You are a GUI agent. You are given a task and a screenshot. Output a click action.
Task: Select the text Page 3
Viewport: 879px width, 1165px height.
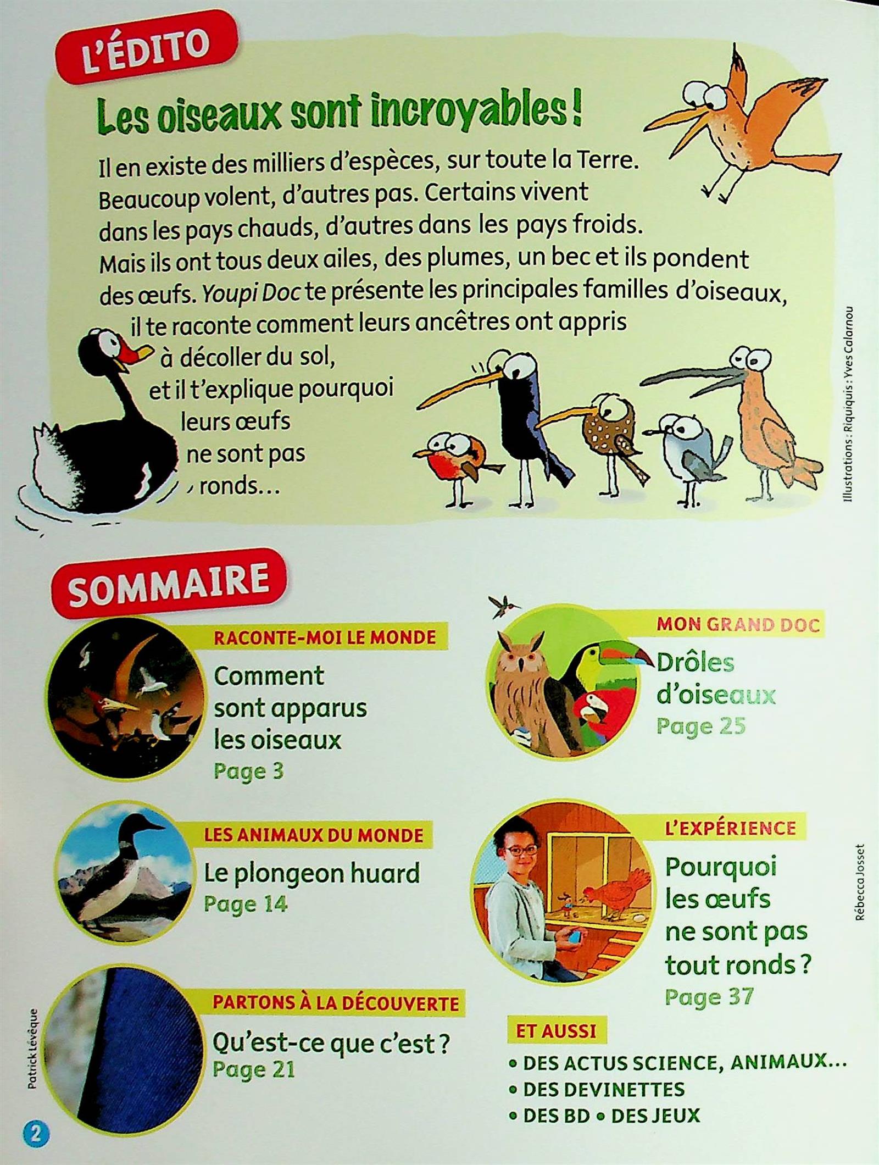(249, 771)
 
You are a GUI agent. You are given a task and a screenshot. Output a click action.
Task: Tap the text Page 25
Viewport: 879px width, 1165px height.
(701, 726)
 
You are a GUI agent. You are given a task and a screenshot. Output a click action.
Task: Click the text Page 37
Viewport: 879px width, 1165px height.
(709, 997)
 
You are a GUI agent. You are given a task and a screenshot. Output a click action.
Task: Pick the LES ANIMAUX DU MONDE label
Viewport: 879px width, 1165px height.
(314, 835)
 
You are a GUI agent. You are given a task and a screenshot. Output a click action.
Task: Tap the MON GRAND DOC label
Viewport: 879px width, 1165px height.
(738, 625)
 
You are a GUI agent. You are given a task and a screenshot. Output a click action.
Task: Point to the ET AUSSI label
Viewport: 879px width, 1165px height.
(555, 1030)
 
